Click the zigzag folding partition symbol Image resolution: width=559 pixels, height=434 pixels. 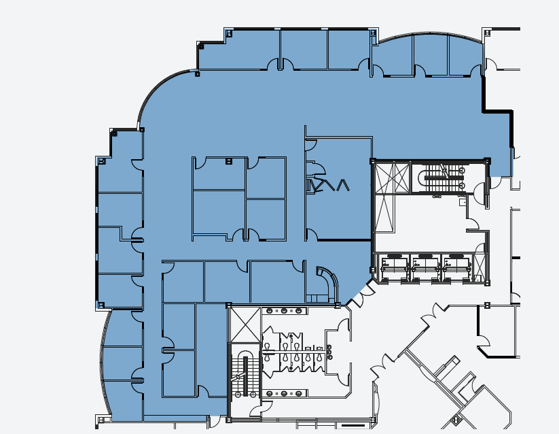(x=329, y=185)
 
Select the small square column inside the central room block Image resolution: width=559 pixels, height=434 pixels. (x=229, y=161)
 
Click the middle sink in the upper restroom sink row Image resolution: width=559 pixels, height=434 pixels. (x=284, y=311)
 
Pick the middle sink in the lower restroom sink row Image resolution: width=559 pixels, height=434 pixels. (x=284, y=393)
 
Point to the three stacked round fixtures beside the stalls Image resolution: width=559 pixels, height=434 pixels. (x=330, y=352)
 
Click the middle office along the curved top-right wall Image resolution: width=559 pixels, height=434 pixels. (x=431, y=54)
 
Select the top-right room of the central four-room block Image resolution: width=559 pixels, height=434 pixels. (x=266, y=178)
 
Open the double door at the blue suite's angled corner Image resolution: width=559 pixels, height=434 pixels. (x=362, y=295)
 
